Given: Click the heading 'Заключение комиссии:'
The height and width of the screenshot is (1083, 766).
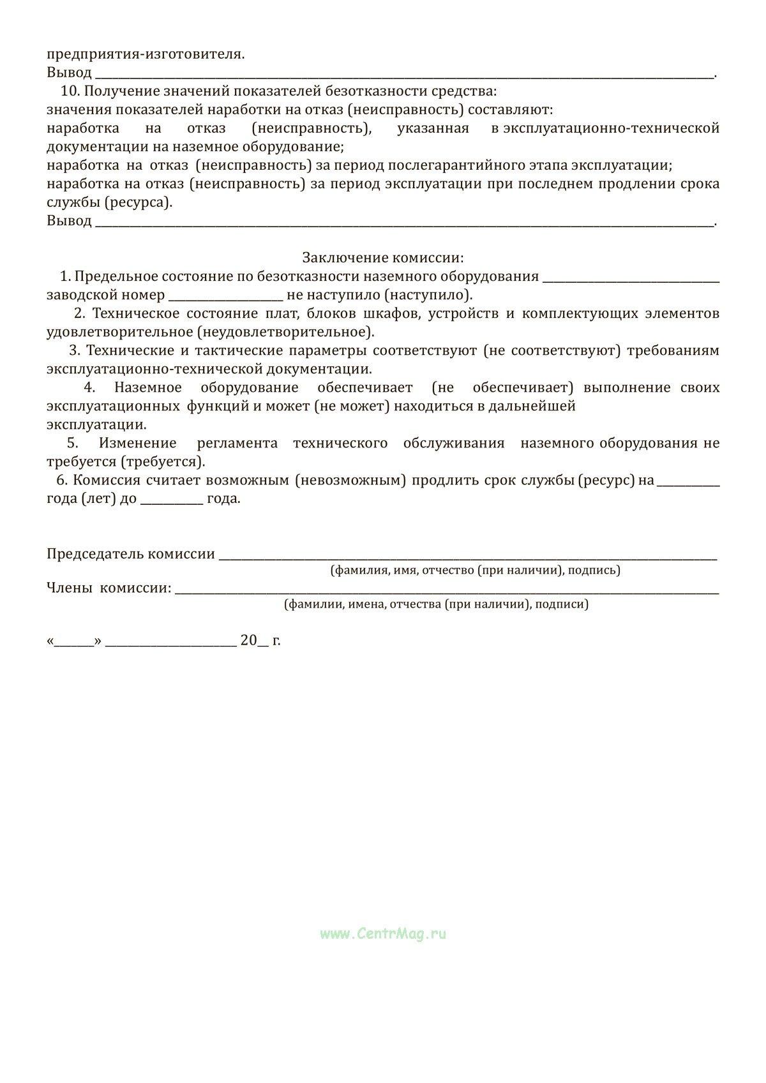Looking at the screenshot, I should (383, 258).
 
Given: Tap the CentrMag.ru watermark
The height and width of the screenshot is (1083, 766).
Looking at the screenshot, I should (383, 934).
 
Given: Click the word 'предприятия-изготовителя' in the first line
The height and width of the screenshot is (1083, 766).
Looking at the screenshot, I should (145, 54).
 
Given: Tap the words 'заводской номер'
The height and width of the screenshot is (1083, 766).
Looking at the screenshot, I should (105, 295).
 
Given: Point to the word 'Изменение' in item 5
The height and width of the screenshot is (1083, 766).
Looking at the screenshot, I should (138, 443).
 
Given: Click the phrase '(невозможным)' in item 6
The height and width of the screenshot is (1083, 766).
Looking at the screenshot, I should (350, 480).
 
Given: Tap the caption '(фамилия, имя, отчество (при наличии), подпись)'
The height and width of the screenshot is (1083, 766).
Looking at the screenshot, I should (475, 571).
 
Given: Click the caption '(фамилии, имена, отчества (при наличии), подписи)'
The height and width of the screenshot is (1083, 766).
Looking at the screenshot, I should (436, 604).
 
